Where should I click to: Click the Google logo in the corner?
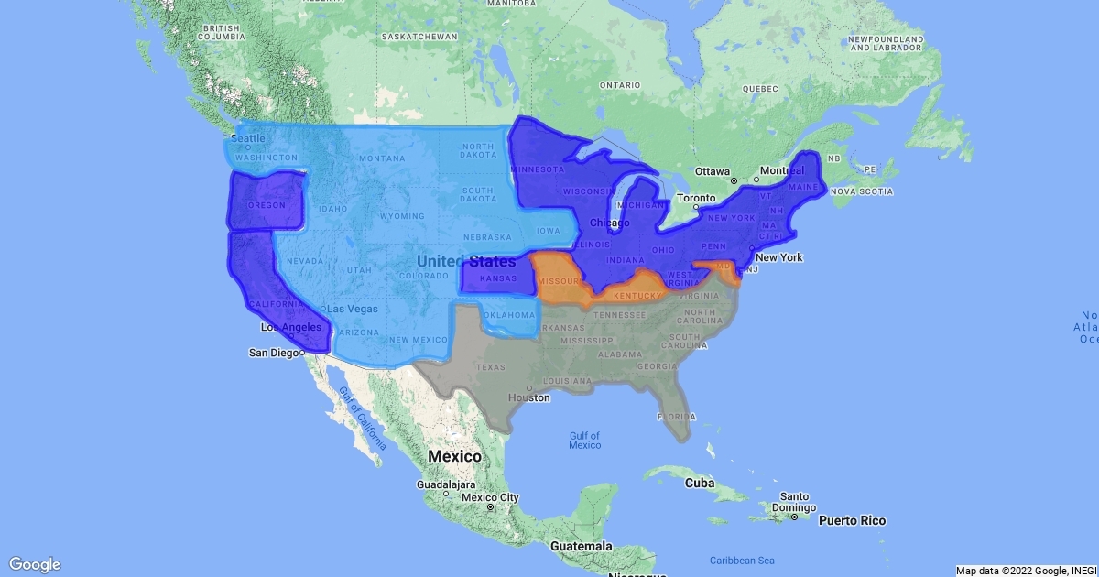point(35,564)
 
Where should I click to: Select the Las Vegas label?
point(353,309)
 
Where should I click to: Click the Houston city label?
point(530,397)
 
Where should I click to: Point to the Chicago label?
point(609,223)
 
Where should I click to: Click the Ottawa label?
point(712,171)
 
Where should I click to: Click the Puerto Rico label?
point(852,520)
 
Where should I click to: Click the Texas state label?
point(491,367)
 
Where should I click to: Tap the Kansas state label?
point(498,278)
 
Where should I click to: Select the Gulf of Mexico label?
point(583,440)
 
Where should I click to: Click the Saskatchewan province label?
point(419,37)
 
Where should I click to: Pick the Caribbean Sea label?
point(742,560)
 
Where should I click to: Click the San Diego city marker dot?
point(302,353)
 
